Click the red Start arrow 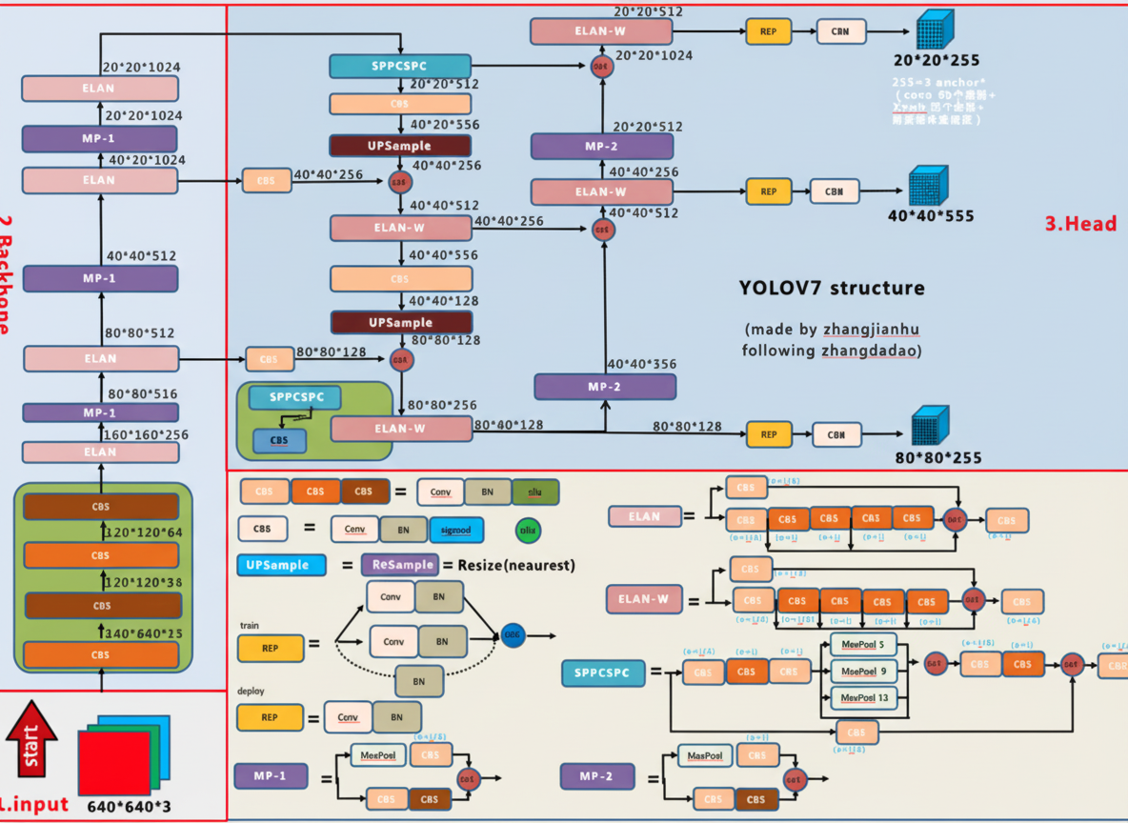point(31,738)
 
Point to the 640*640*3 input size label point(129,807)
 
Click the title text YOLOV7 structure point(831,288)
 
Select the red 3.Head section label point(1080,225)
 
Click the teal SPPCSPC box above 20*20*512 point(400,67)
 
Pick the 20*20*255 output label point(936,61)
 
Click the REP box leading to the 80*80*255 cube point(769,434)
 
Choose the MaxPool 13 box point(862,698)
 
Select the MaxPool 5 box point(862,644)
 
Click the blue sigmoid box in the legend point(456,529)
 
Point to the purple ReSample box point(399,565)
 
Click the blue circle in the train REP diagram point(513,634)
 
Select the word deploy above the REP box point(251,691)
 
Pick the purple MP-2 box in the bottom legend point(596,776)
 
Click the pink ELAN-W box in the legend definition point(644,600)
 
